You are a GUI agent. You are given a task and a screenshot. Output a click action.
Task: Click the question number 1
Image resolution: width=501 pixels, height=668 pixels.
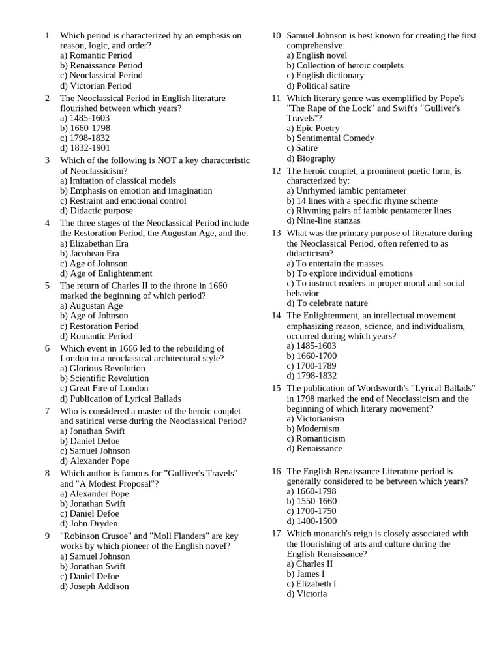click(47, 35)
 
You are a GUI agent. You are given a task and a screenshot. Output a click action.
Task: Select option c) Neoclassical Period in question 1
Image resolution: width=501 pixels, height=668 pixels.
click(101, 75)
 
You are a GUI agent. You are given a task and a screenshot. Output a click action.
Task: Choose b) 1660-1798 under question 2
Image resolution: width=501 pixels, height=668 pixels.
click(85, 128)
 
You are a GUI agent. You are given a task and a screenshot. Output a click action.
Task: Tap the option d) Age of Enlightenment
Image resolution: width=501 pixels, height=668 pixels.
click(106, 273)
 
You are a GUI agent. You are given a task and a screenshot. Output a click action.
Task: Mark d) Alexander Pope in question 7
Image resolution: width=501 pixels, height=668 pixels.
click(95, 461)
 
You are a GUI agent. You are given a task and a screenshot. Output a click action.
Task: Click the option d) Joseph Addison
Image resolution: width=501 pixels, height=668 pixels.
click(94, 586)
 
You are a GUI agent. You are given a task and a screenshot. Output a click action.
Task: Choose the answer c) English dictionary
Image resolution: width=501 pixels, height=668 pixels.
click(326, 75)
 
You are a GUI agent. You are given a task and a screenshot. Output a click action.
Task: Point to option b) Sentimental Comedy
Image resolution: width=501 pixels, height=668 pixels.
click(331, 138)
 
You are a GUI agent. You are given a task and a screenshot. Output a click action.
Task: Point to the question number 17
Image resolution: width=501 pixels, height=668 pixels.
click(276, 533)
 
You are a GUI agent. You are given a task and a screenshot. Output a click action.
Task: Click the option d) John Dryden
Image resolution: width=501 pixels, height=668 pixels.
click(89, 523)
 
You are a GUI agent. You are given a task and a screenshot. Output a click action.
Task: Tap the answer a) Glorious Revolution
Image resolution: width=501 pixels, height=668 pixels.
click(102, 368)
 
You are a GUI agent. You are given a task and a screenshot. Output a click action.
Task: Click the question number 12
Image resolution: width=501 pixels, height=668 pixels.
click(276, 171)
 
